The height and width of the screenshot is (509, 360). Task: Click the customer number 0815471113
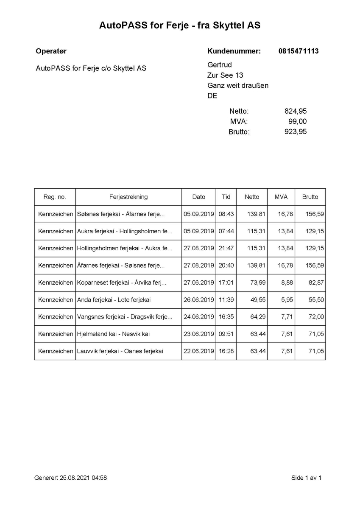pos(299,51)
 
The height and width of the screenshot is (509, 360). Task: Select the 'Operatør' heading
pos(51,51)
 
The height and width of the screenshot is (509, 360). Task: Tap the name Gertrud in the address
pos(219,65)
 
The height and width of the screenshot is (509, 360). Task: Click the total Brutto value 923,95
pos(295,131)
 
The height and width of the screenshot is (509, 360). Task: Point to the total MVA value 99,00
pos(297,121)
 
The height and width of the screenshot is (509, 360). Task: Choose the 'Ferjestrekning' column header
pos(128,197)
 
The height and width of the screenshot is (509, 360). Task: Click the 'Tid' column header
pos(226,197)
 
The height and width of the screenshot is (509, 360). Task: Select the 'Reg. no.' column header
pos(55,197)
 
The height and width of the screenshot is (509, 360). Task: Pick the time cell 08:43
pos(226,214)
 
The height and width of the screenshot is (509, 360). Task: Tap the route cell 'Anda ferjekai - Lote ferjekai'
pos(114,300)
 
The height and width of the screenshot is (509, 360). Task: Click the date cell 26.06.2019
pos(198,300)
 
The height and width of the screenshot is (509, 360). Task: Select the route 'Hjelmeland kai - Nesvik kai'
pos(113,334)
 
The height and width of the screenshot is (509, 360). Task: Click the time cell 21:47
pos(226,248)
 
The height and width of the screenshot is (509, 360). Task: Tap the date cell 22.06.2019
pos(198,351)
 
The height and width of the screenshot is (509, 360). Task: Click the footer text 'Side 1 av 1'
pos(306,478)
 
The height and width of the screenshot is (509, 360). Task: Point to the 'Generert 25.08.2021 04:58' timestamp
pos(70,478)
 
